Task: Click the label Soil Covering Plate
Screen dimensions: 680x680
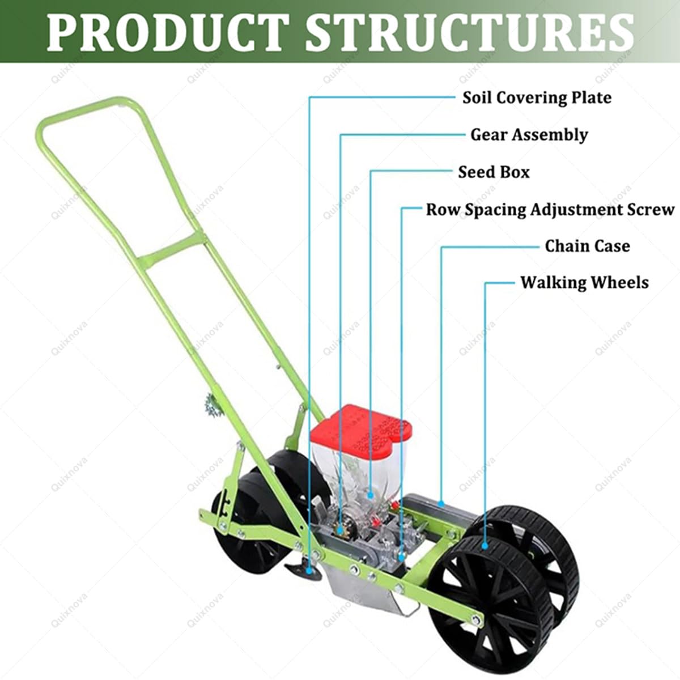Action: pyautogui.click(x=537, y=97)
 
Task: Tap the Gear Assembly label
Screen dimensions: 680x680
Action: pyautogui.click(x=529, y=135)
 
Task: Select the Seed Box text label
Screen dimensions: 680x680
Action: pyautogui.click(x=494, y=172)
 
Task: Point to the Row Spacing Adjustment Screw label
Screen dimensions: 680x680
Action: pyautogui.click(x=550, y=210)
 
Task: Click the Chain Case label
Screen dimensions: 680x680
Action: pyautogui.click(x=587, y=246)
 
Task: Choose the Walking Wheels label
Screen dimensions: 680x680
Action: pyautogui.click(x=584, y=282)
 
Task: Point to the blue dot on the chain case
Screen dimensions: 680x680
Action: pyautogui.click(x=441, y=504)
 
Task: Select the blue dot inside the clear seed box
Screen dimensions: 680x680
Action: pyautogui.click(x=371, y=495)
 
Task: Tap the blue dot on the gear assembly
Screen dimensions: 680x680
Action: pyautogui.click(x=340, y=530)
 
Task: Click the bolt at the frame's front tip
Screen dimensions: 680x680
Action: pyautogui.click(x=477, y=619)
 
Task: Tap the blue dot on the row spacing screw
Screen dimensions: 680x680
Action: pyautogui.click(x=401, y=557)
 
